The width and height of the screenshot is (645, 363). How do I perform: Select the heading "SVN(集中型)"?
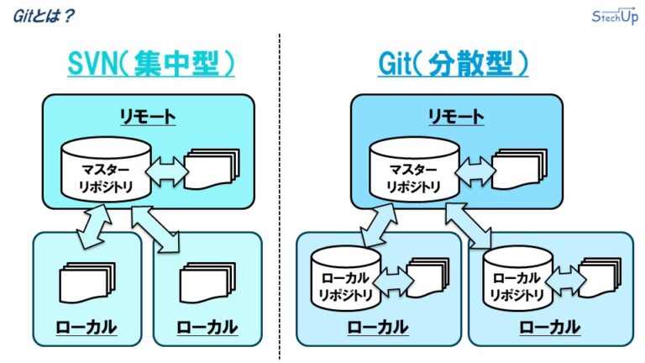151,65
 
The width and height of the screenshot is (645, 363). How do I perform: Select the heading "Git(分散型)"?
453,65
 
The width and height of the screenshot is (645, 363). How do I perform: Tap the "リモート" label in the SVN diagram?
148,115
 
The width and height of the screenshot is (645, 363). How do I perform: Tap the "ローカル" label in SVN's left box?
87,327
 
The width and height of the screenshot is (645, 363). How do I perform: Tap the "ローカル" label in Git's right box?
550,327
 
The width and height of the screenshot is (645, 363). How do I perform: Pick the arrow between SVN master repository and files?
168,173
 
